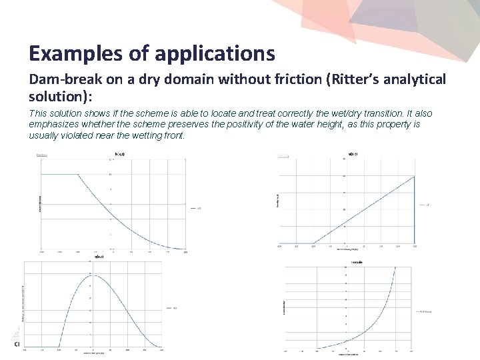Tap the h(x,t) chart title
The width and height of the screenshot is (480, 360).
click(120, 155)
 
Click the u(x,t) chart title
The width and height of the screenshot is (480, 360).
click(352, 155)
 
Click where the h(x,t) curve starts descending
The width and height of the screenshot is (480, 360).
click(78, 175)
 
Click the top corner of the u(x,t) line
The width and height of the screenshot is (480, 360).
click(414, 176)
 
